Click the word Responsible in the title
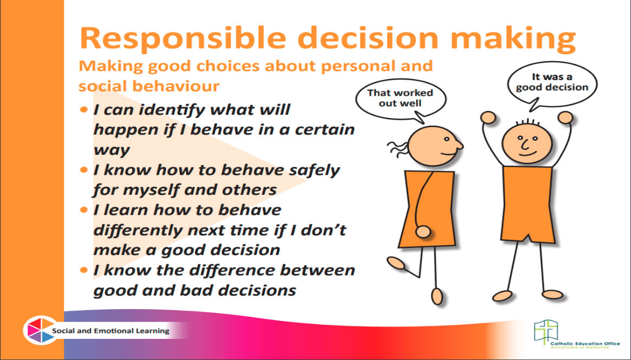pos(183,38)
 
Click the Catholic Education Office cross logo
pos(546,332)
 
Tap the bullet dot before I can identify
pos(84,109)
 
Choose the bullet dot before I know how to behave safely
pos(84,170)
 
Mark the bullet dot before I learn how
pos(84,210)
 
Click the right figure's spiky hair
pos(528,122)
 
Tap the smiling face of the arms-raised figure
pos(527,143)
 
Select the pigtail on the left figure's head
pos(399,148)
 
